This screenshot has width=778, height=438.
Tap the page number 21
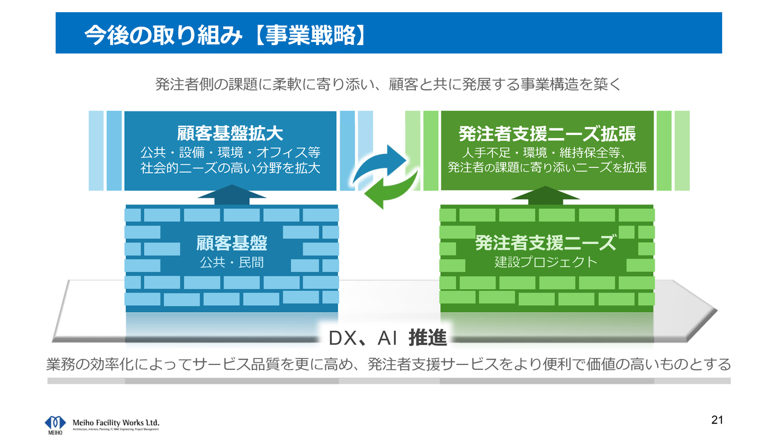pyautogui.click(x=717, y=420)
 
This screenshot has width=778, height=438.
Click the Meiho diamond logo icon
pyautogui.click(x=55, y=422)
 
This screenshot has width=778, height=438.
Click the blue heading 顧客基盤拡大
pyautogui.click(x=230, y=133)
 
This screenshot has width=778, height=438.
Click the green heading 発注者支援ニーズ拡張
pyautogui.click(x=547, y=133)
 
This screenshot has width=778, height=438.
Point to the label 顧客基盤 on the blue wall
pyautogui.click(x=232, y=243)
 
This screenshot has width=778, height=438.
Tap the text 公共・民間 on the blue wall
pyautogui.click(x=232, y=263)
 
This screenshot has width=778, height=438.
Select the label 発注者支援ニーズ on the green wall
pyautogui.click(x=545, y=243)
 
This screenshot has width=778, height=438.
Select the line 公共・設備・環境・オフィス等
pyautogui.click(x=230, y=152)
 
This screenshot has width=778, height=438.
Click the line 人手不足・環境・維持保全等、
pyautogui.click(x=547, y=152)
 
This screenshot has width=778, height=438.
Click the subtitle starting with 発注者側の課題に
pyautogui.click(x=388, y=85)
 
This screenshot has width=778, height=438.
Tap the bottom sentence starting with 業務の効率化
pyautogui.click(x=388, y=364)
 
